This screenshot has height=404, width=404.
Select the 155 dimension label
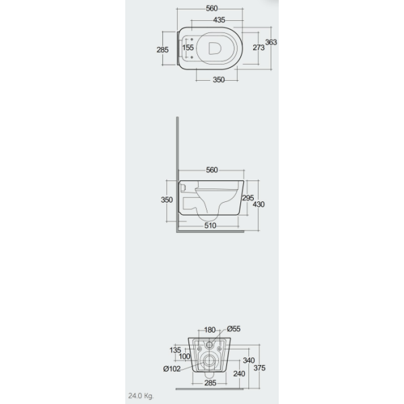(x=188, y=48)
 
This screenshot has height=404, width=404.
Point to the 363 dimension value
(x=271, y=41)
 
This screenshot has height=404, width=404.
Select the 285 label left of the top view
(x=162, y=48)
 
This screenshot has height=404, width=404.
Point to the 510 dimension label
(x=211, y=226)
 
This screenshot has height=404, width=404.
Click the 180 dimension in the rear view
(x=211, y=330)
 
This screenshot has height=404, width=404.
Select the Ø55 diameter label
(x=234, y=329)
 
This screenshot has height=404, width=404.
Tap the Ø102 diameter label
(x=171, y=368)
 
